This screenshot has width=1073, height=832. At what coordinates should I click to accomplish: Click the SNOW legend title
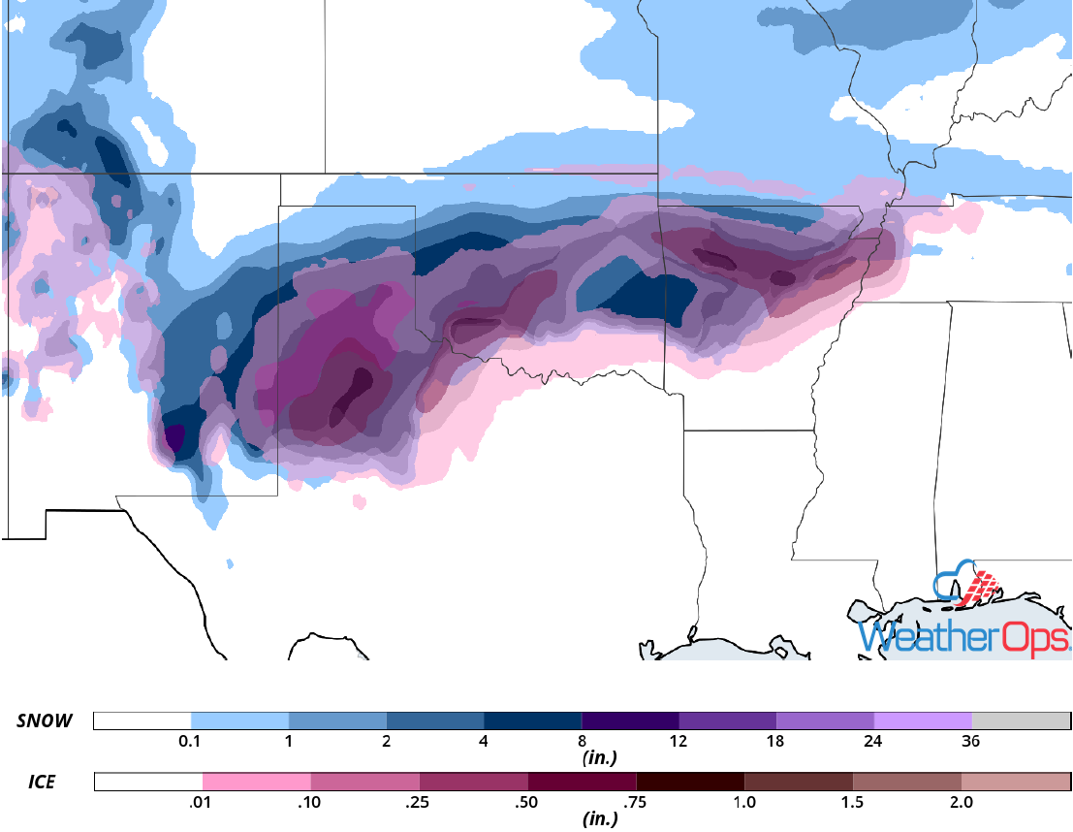(x=44, y=720)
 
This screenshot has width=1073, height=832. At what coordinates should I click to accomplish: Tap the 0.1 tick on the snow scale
(x=190, y=742)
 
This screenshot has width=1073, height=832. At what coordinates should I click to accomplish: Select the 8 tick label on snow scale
(x=581, y=742)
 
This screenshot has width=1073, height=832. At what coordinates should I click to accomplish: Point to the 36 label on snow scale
(x=970, y=742)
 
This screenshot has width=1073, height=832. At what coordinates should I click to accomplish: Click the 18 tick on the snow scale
(x=775, y=742)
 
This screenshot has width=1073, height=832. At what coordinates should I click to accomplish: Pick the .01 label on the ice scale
(x=202, y=802)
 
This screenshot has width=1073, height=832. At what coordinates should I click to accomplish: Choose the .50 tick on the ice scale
(x=527, y=802)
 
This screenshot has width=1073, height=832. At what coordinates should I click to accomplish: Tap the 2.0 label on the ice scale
(x=961, y=802)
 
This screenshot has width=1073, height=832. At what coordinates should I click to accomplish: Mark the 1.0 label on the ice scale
(x=743, y=802)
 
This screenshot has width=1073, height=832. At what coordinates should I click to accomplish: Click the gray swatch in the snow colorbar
(x=1020, y=720)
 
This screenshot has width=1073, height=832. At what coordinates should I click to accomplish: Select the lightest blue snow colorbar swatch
(x=239, y=720)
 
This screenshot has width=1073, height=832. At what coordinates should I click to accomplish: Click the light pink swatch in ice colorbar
(x=256, y=782)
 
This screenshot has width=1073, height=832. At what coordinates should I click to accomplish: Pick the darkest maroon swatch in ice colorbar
(x=690, y=782)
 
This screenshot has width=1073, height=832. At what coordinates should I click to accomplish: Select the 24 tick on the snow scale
(x=873, y=742)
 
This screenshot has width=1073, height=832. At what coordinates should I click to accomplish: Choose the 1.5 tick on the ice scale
(x=852, y=802)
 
